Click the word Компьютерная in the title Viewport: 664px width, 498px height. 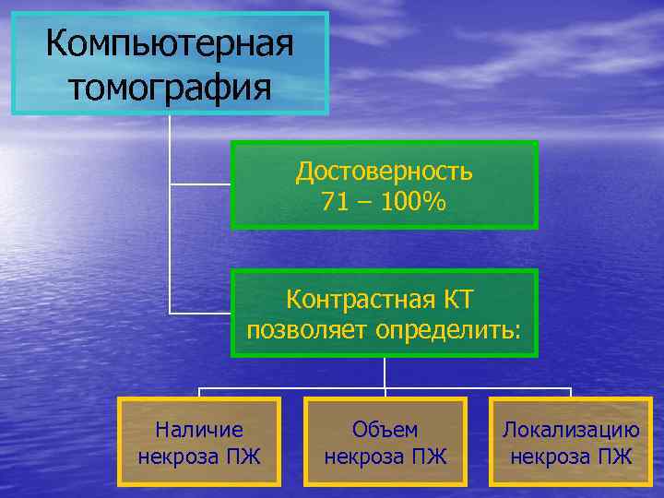tap(169, 42)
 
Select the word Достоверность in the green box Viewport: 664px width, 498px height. tap(385, 171)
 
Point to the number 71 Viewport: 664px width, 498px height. tap(337, 202)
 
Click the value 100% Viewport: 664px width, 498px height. tap(416, 202)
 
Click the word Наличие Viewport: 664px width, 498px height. tap(199, 429)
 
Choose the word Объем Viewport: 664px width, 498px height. tap(385, 429)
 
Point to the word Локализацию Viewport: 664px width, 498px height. tap(571, 429)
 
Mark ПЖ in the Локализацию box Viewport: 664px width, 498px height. tap(615, 456)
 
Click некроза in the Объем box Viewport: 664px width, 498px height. tap(362, 456)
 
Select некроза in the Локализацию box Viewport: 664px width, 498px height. tap(548, 456)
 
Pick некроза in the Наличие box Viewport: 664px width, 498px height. tap(177, 456)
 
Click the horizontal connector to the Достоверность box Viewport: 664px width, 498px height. tap(200, 184)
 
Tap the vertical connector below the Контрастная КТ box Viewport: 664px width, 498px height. tap(385, 371)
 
